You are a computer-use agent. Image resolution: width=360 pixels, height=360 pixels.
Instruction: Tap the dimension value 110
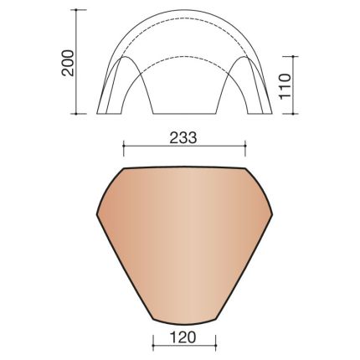pos(285,85)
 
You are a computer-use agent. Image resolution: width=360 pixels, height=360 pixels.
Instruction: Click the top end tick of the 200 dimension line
pos(82,10)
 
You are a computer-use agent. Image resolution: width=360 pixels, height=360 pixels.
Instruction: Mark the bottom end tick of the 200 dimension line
pos(82,113)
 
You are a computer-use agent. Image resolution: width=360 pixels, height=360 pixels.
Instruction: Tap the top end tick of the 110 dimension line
pos(296,57)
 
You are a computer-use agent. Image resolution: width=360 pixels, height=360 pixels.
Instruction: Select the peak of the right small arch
pos(245,57)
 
